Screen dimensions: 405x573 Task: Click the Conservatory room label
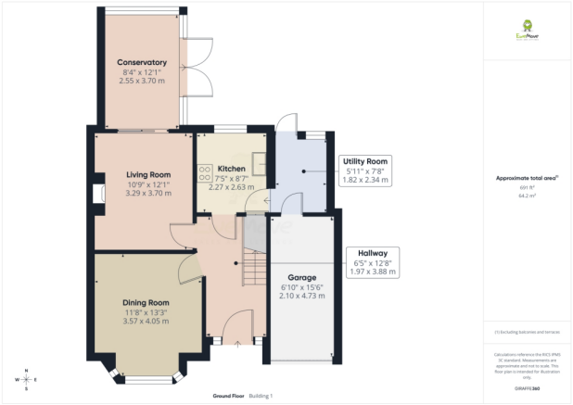[141, 63]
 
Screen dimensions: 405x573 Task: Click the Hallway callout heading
[366, 252]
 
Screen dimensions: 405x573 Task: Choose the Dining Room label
[146, 302]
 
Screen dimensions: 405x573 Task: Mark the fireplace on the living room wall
[98, 193]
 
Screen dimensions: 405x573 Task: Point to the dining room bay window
[148, 376]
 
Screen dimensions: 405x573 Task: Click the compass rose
[28, 380]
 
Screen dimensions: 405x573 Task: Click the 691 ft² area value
[527, 188]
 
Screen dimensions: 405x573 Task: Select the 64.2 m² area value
[527, 196]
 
